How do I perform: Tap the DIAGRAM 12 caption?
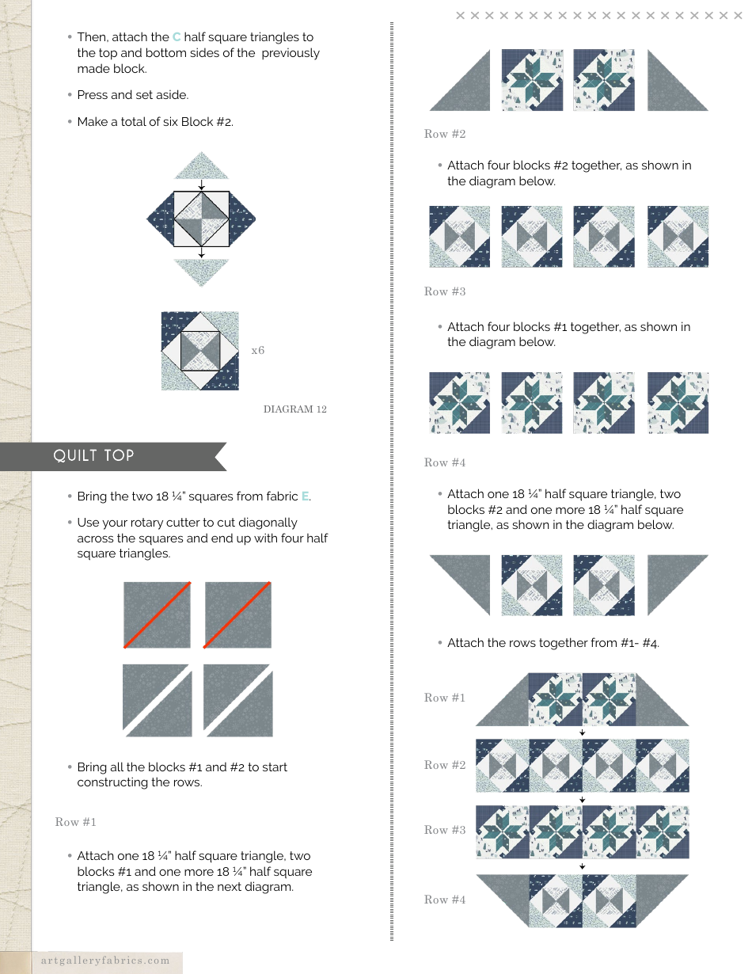[x=294, y=409]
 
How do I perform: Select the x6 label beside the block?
[x=258, y=350]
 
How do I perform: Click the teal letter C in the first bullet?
[x=177, y=37]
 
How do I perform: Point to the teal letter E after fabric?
[x=305, y=497]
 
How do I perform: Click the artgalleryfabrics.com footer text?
[x=105, y=961]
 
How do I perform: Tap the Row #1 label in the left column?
[x=76, y=822]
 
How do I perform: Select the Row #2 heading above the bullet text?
[x=445, y=134]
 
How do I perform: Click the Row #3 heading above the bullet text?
[x=445, y=291]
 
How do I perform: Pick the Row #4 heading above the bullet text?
[x=445, y=462]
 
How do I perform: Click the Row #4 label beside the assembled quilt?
[x=445, y=900]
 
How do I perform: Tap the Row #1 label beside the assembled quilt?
[x=445, y=698]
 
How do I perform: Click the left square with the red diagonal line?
[x=157, y=615]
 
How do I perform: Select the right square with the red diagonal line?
[x=238, y=615]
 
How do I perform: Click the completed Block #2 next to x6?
[x=200, y=351]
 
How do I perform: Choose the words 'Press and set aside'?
[x=133, y=95]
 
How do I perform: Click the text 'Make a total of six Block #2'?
[x=155, y=122]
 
